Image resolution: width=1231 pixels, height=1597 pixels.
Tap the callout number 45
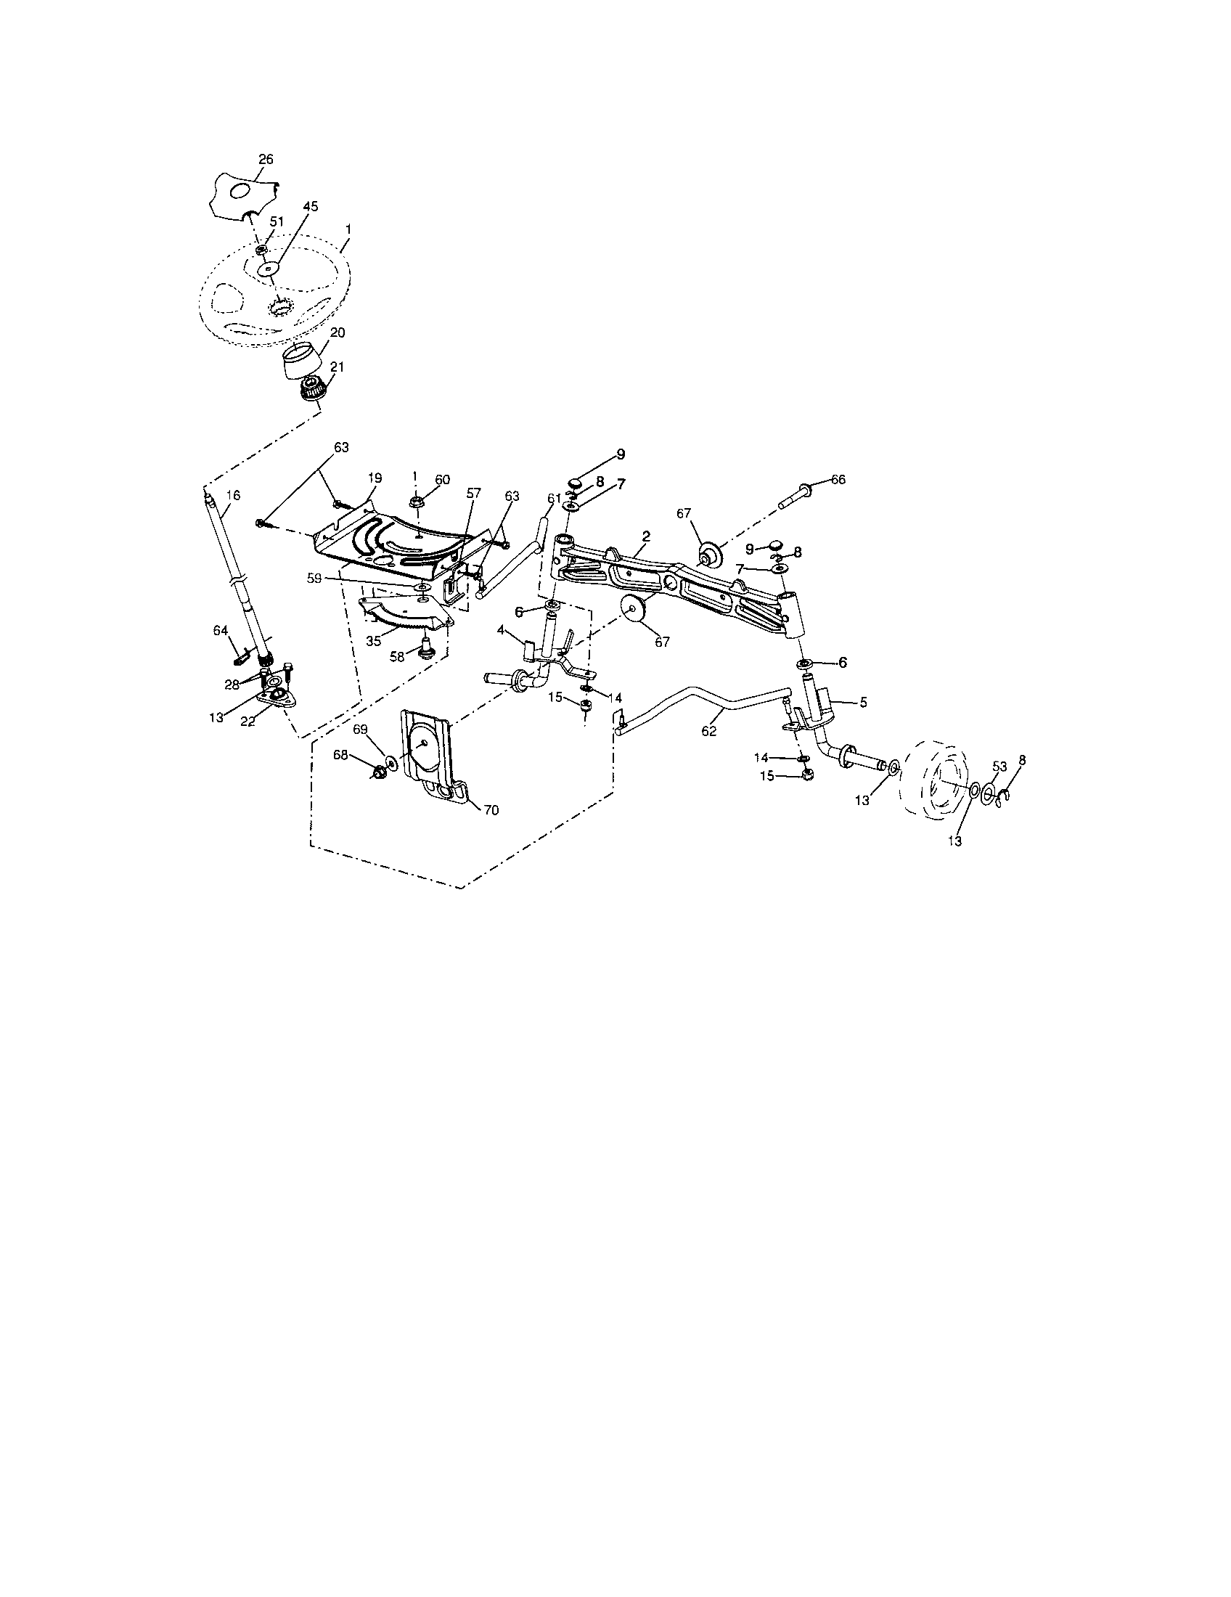coord(311,207)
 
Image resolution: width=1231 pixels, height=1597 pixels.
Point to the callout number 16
coord(232,495)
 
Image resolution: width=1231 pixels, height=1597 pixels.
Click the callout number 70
coord(491,810)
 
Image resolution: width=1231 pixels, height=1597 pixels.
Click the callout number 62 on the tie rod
coord(709,730)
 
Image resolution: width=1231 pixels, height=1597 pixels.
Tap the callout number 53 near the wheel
coord(999,767)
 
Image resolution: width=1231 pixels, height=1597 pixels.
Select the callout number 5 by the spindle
coord(863,702)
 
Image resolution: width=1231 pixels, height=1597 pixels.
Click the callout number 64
coord(221,631)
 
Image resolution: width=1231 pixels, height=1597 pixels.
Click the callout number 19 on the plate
coord(375,478)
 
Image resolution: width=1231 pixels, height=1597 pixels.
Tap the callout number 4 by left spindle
coord(501,629)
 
